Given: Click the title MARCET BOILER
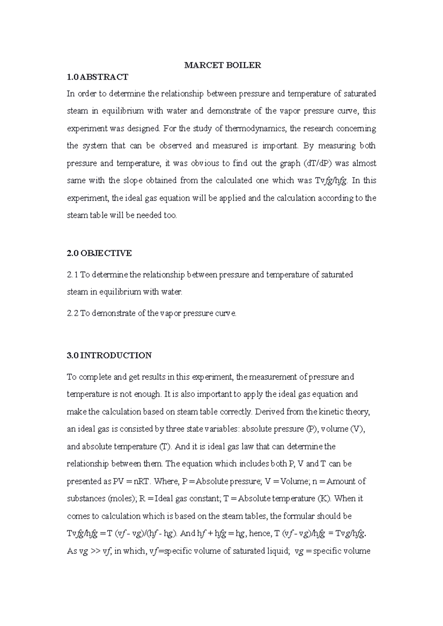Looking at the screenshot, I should (x=223, y=65).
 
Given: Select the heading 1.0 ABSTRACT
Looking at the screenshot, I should (x=97, y=77).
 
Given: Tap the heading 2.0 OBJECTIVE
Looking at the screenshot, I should (x=99, y=253).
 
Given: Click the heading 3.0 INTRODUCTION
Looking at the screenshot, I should (x=109, y=355).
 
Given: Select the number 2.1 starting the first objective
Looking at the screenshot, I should (x=72, y=275).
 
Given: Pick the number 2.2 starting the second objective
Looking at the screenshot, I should (x=72, y=313).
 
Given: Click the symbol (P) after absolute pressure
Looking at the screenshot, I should (x=311, y=429).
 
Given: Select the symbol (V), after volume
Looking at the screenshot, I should (x=358, y=429).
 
